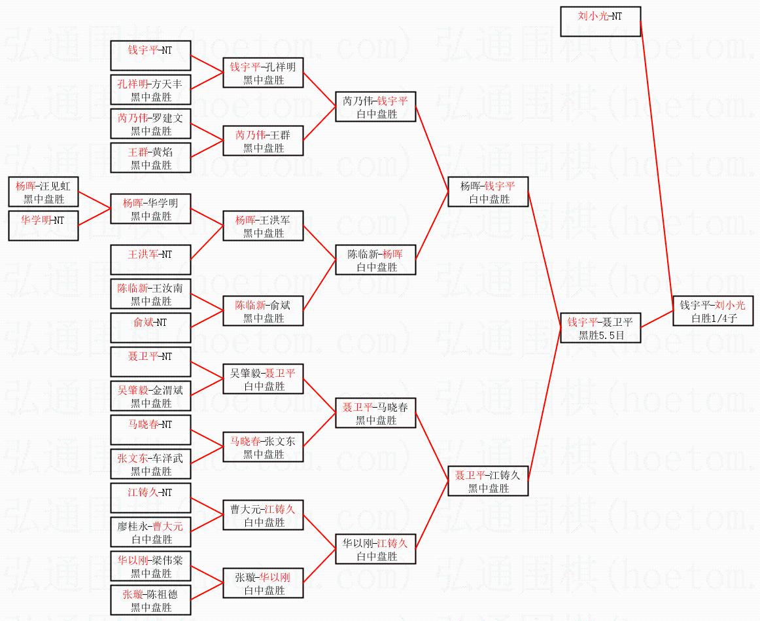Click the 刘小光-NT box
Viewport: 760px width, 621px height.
600,22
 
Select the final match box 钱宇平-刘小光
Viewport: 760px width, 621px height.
713,311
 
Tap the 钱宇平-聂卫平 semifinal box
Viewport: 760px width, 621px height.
600,328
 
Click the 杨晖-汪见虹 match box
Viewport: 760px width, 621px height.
44,192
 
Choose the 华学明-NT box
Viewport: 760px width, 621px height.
44,226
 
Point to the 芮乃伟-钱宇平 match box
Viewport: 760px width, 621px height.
375,107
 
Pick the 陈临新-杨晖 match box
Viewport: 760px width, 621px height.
375,260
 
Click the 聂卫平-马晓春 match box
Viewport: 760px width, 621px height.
375,413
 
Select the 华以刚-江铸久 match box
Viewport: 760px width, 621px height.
375,549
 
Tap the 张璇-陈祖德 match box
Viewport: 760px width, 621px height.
150,600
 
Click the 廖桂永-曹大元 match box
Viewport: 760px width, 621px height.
150,532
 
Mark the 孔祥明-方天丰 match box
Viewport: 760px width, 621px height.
150,90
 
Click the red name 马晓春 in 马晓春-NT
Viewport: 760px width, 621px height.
143,424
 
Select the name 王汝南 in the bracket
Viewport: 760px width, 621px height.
167,288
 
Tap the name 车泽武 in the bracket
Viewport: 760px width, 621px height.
167,458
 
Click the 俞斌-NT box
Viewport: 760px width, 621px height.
150,328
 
